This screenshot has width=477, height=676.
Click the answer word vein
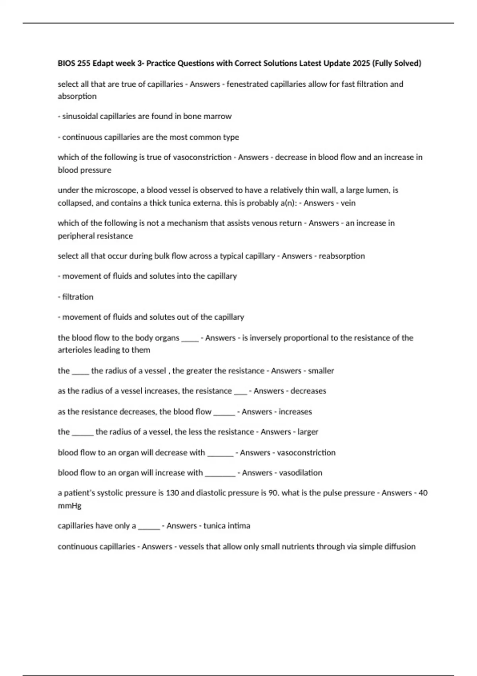click(348, 203)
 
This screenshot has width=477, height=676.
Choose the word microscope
click(115, 190)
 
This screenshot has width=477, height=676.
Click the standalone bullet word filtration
click(78, 297)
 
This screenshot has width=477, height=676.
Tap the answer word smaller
click(321, 371)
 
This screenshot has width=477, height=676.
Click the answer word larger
click(308, 432)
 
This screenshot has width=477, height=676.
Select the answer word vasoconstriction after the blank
click(306, 453)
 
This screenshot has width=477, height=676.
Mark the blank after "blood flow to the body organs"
click(190, 339)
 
